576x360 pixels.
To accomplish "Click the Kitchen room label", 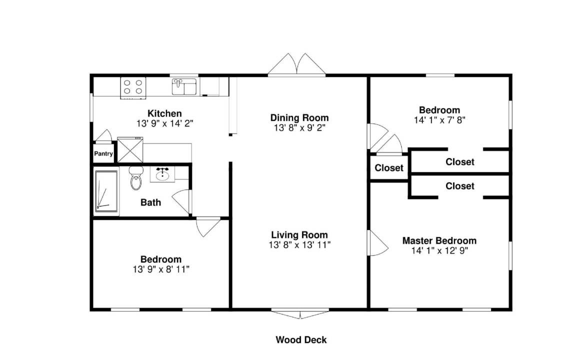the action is pos(164,113).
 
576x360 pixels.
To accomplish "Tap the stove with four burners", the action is pos(133,87).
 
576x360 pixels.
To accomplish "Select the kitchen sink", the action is pos(184,86).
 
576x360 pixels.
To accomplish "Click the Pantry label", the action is pos(103,153).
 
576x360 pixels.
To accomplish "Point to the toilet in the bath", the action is pos(136,178).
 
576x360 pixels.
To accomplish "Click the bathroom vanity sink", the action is pos(162,174).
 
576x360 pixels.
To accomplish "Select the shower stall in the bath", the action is pos(106,191).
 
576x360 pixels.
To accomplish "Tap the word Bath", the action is pos(150,202).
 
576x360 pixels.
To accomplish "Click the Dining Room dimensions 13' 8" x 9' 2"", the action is pos(299,128).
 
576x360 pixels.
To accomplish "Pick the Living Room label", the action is pos(299,234).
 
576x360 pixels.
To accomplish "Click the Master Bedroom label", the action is pos(439,240).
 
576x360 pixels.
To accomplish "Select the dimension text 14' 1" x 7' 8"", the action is pos(439,120).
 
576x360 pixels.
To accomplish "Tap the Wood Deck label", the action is pos(301,340).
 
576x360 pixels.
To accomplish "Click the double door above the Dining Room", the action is pos(296,64).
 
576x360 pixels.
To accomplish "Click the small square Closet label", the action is pos(389,168).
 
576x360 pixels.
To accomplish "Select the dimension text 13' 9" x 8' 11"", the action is pos(161,269).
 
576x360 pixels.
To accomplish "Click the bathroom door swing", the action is pos(181,201).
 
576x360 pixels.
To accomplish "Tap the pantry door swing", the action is pos(104,135).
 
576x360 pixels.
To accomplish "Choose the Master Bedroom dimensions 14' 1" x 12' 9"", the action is pos(439,250).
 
